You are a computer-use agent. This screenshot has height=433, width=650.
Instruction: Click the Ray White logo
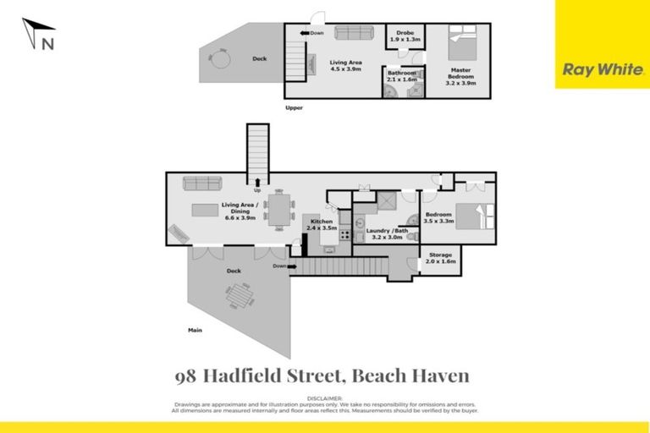coord(602,70)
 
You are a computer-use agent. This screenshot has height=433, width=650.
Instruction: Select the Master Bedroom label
coord(461,79)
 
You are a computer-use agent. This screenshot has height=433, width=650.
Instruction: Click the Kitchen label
coord(323,224)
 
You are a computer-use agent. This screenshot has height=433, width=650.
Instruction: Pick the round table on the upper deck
coord(219,60)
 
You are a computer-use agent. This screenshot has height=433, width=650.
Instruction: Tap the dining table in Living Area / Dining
coord(278,209)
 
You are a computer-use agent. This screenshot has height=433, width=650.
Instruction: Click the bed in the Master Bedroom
coord(464,46)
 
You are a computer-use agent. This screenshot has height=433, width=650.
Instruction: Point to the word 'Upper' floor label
coord(294,107)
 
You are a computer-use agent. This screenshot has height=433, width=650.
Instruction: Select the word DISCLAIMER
coord(324,397)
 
